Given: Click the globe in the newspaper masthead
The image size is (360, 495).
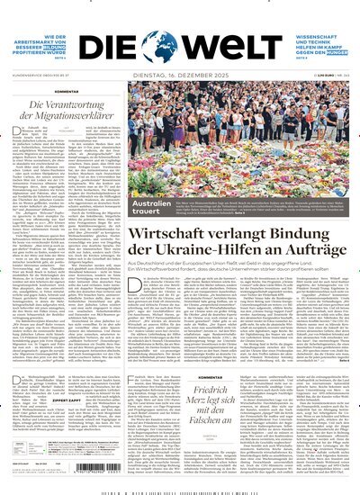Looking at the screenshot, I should point(179,42).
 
